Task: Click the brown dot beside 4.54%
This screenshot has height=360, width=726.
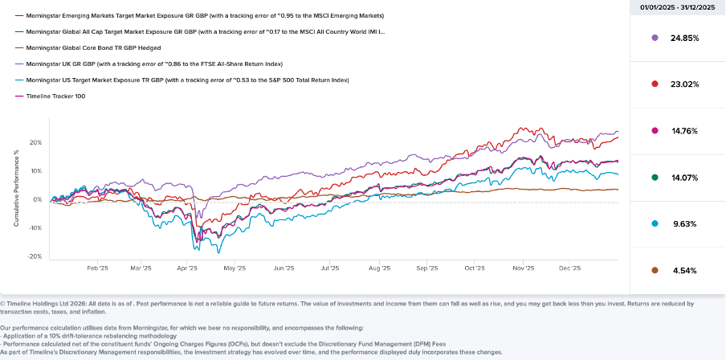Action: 655,271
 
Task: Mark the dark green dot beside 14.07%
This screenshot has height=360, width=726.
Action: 655,178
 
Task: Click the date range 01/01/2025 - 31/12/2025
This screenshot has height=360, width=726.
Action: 677,8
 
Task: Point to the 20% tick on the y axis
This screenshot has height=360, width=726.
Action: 35,142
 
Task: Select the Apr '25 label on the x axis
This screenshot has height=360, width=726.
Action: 187,269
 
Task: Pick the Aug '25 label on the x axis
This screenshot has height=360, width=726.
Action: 379,269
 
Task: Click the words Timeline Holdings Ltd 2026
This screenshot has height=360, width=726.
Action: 41,304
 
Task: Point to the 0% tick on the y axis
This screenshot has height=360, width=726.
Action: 37,199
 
